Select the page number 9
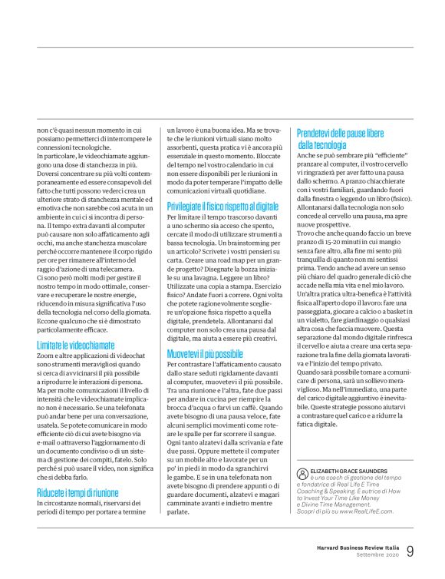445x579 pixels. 410,551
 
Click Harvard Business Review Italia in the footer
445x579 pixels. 358,547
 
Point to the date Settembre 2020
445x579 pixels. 377,555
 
